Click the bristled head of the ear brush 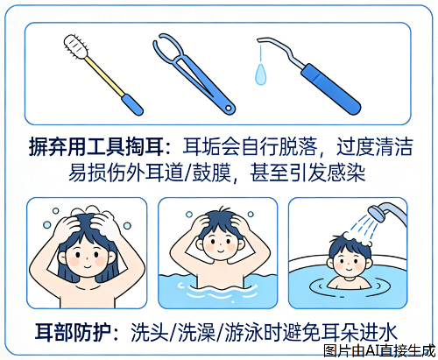tap(76, 46)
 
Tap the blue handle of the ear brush tap(132, 105)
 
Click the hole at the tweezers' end tap(229, 109)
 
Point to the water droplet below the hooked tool tap(261, 74)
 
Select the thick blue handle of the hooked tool tap(331, 89)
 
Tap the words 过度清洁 tap(374, 146)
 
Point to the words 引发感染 tap(326, 173)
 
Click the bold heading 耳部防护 tap(73, 332)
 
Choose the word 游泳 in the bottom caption tap(244, 332)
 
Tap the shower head tap(378, 213)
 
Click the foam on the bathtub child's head tap(357, 238)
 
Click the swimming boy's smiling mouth tap(221, 251)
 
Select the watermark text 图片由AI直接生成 tap(379, 350)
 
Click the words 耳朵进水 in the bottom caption tap(359, 332)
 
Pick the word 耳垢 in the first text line tap(201, 146)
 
